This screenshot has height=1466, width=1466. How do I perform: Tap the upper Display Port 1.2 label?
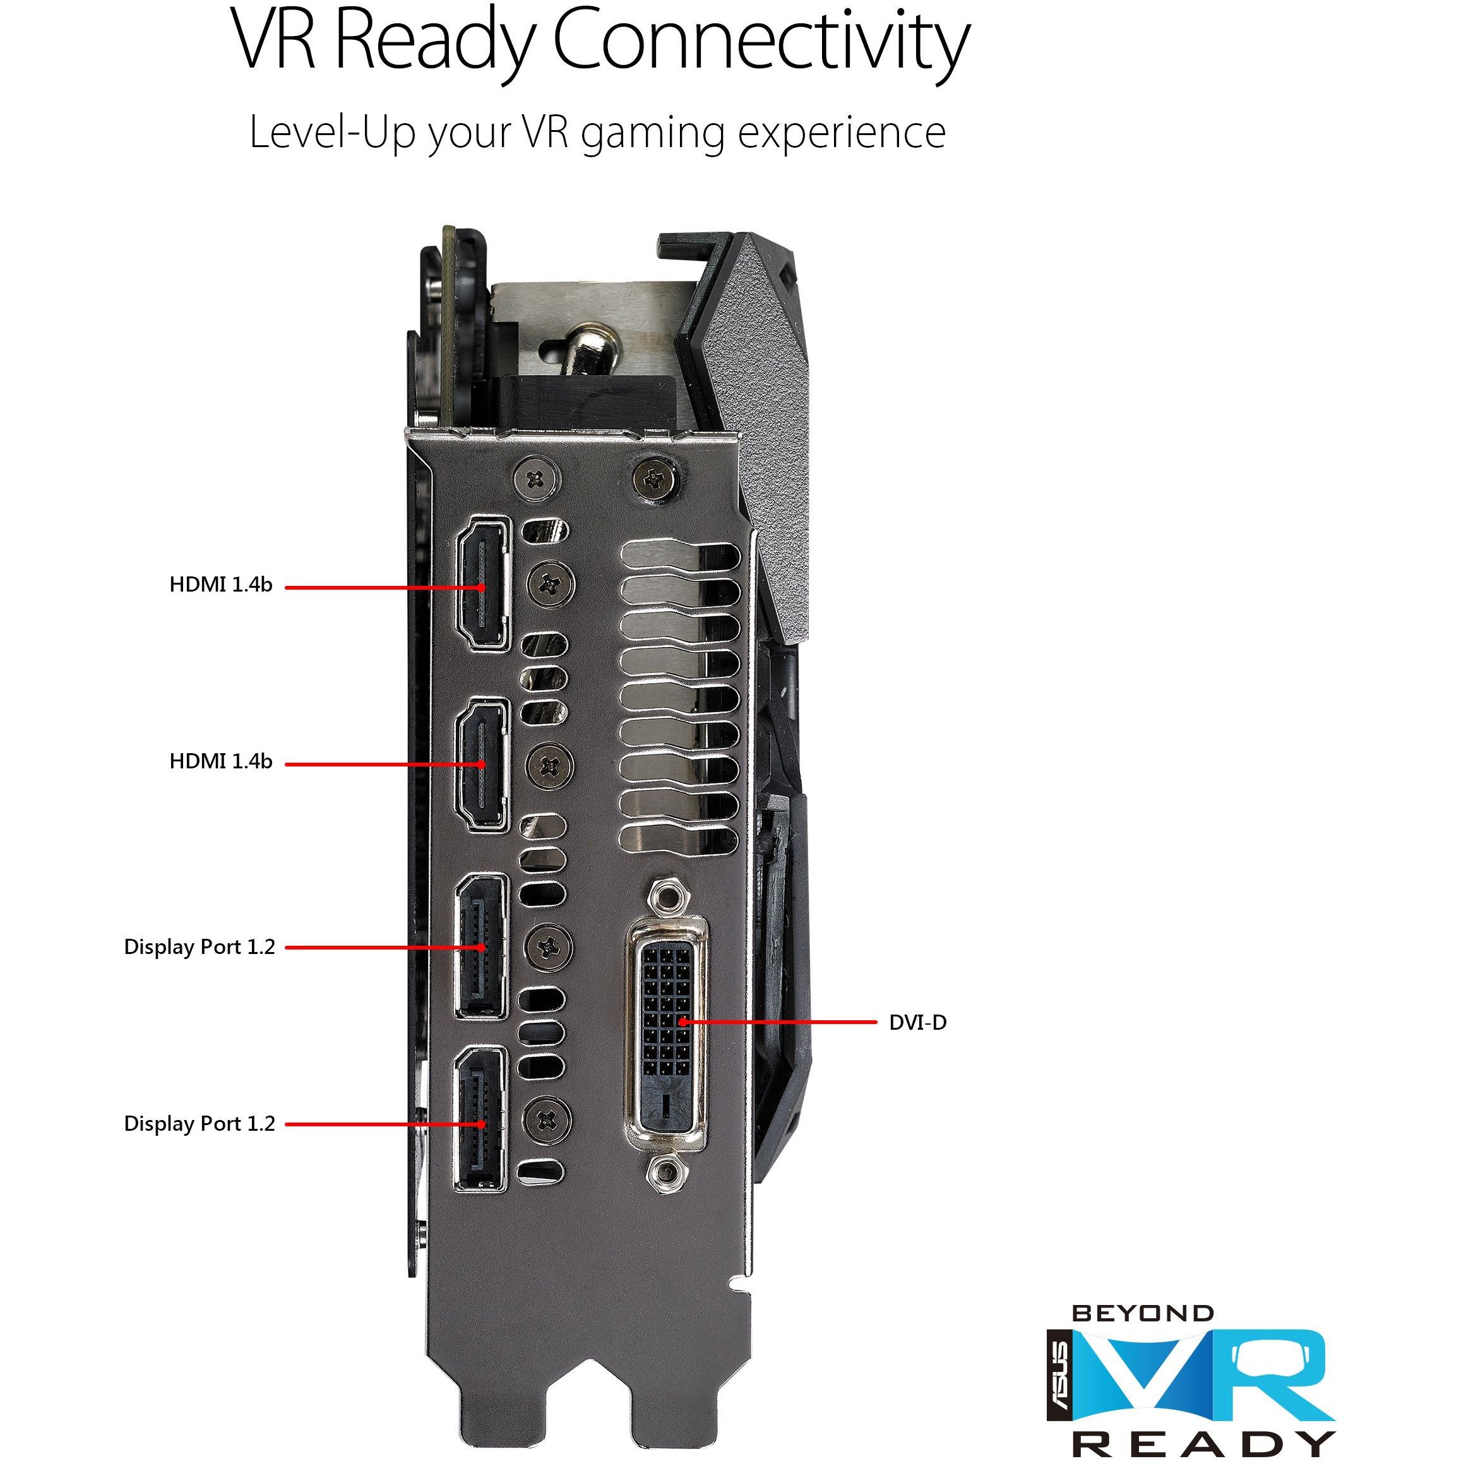click(200, 948)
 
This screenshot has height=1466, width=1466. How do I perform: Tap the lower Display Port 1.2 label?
click(200, 1124)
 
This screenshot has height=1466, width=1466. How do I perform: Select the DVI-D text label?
click(917, 1023)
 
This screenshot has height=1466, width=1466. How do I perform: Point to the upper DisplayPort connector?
click(481, 946)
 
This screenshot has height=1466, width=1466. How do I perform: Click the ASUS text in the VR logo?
click(1060, 1382)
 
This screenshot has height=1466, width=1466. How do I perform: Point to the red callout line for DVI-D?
click(778, 1022)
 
